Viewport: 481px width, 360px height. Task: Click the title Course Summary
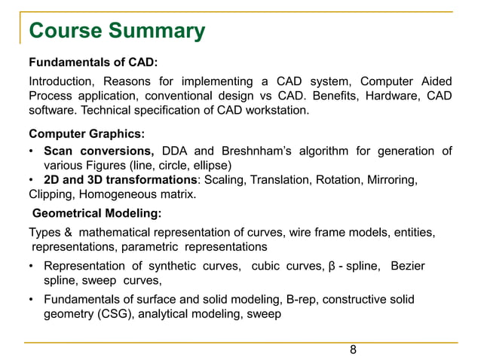(x=117, y=31)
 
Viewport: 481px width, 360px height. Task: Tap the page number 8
(x=353, y=350)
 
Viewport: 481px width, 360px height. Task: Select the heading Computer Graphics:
(x=87, y=134)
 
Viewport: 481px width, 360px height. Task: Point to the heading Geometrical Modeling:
(x=97, y=213)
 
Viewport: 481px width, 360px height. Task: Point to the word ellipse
(x=212, y=165)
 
